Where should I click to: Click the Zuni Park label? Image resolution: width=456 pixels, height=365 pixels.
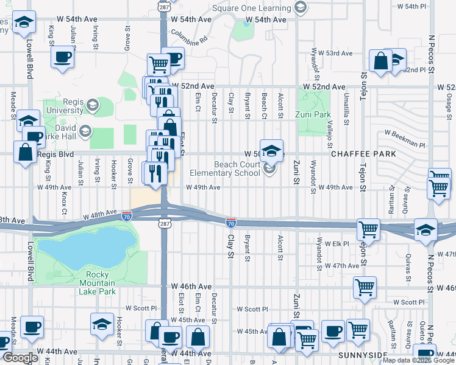316,114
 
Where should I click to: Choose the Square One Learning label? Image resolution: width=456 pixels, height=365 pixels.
251,8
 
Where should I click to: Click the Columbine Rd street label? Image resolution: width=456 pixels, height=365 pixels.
189,38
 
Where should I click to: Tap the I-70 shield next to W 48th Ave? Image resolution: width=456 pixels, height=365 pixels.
126,215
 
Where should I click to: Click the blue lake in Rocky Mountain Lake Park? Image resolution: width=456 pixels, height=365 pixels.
85,249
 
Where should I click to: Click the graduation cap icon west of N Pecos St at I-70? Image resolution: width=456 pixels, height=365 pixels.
426,229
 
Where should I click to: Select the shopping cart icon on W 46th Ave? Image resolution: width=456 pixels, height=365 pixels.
365,287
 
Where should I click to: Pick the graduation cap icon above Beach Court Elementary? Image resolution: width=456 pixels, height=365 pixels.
271,150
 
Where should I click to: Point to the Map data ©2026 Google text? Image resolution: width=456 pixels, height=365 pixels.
418,360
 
